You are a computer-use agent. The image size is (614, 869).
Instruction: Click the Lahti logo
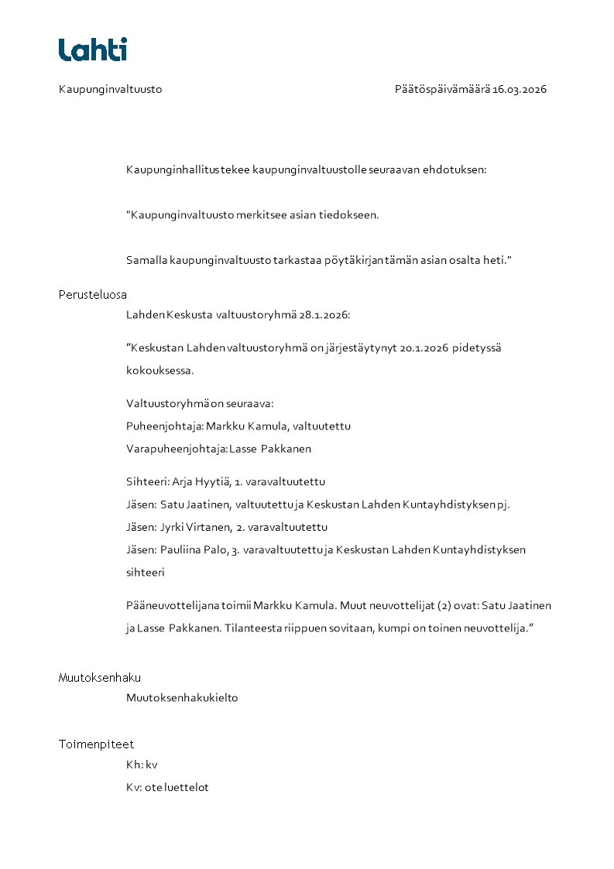click(x=93, y=50)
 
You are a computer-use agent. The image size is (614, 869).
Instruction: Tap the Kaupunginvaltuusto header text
click(x=110, y=89)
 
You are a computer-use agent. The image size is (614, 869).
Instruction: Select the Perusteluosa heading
click(x=93, y=295)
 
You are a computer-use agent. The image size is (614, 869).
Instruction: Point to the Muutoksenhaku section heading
click(x=100, y=678)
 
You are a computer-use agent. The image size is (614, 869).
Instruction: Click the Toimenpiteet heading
click(x=96, y=744)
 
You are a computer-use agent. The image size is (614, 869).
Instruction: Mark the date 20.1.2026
click(x=425, y=348)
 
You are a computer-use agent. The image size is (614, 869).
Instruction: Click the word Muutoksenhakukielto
click(x=182, y=698)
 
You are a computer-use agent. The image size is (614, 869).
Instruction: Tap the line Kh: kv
click(x=142, y=765)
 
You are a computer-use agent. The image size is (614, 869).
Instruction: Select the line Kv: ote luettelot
click(x=167, y=788)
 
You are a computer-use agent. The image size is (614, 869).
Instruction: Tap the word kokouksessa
click(x=160, y=371)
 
